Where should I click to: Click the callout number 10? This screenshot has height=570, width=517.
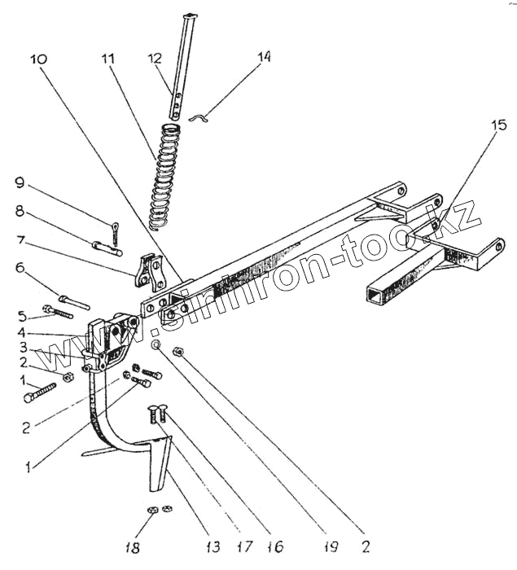click(40, 59)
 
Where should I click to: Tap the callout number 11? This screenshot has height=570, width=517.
click(108, 59)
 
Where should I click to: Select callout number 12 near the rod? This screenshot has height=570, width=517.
click(154, 59)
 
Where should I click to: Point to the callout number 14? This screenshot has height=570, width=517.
click(263, 58)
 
